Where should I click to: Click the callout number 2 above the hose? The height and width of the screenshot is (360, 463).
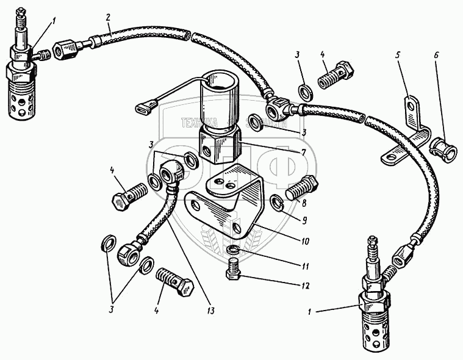click(109, 17)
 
